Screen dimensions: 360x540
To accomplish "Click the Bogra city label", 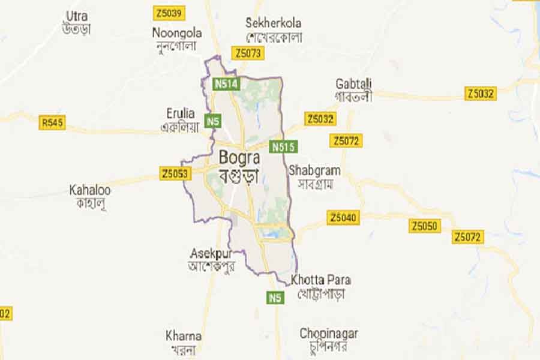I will [x=240, y=158].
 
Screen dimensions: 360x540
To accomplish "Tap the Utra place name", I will [x=77, y=16].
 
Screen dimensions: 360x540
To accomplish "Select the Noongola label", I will [x=177, y=32].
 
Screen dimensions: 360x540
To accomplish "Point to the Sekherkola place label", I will [x=273, y=23].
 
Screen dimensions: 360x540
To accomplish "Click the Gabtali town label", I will [x=354, y=83].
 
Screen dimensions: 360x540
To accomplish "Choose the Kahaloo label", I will [x=90, y=190].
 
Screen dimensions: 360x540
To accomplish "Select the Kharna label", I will [x=184, y=335].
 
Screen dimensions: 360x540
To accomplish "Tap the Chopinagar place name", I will [x=329, y=333].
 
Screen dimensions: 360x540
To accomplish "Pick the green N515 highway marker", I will [x=284, y=146].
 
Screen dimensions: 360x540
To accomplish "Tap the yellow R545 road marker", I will [x=53, y=123].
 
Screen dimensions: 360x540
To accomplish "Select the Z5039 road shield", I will [x=169, y=13].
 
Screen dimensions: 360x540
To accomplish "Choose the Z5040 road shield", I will [x=344, y=217].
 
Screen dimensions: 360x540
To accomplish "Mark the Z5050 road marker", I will [x=425, y=226].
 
